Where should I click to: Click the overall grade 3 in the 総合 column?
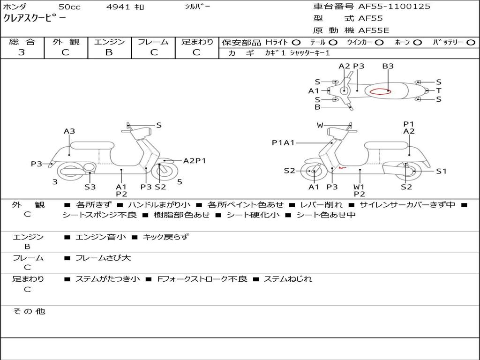pos(22,52)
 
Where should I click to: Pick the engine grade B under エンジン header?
pos(109,52)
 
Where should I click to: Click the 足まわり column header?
pos(197,42)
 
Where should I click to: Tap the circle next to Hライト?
pos(296,42)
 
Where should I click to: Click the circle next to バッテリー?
pos(471,42)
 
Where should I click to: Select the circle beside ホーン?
pos(417,42)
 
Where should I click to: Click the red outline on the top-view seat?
pos(380,91)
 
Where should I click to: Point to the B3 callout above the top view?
pos(388,66)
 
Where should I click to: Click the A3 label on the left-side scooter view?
pos(69,131)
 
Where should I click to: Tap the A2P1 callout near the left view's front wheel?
pos(195,161)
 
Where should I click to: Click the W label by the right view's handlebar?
pos(320,125)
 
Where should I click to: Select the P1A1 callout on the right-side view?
pos(283,143)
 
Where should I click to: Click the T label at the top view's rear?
pos(439,90)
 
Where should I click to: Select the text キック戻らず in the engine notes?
pos(165,237)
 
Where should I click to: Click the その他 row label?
pos(29,311)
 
